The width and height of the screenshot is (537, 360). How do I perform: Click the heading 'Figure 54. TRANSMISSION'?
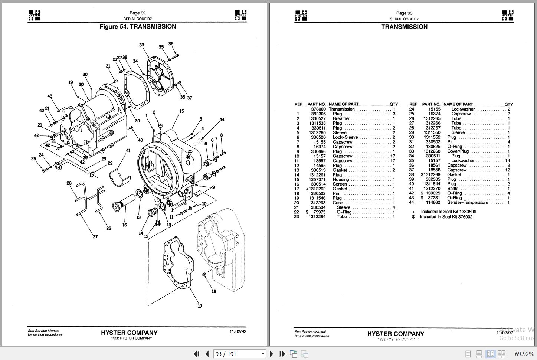coord(138,27)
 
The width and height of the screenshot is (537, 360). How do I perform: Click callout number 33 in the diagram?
coord(141,45)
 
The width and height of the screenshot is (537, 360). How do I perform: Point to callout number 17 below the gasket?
coord(200,306)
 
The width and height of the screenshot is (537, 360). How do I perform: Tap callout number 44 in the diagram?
coord(222,120)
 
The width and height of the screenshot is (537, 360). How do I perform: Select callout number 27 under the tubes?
coord(95,236)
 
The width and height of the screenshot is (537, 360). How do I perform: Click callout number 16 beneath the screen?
coord(125,225)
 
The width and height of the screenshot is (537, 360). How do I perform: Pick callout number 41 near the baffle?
coord(128,151)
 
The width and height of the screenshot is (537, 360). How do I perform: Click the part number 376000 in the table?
coord(318,109)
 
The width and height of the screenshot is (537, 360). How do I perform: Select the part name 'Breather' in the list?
coord(341,118)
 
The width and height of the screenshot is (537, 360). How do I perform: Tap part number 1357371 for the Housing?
coord(318,179)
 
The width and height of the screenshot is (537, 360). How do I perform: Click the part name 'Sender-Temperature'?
coord(468,203)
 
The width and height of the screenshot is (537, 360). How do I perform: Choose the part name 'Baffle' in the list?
coord(453,189)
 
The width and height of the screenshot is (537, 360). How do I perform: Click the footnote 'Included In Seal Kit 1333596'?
coord(448,212)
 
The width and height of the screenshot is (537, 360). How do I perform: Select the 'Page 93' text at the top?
coord(404,13)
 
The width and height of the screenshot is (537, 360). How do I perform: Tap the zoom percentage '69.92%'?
coord(524,354)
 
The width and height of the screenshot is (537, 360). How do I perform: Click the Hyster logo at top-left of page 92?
coord(34,15)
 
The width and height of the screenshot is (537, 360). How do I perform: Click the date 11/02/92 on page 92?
coord(238,331)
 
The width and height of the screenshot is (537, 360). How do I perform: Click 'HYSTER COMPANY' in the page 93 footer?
coord(396,334)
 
